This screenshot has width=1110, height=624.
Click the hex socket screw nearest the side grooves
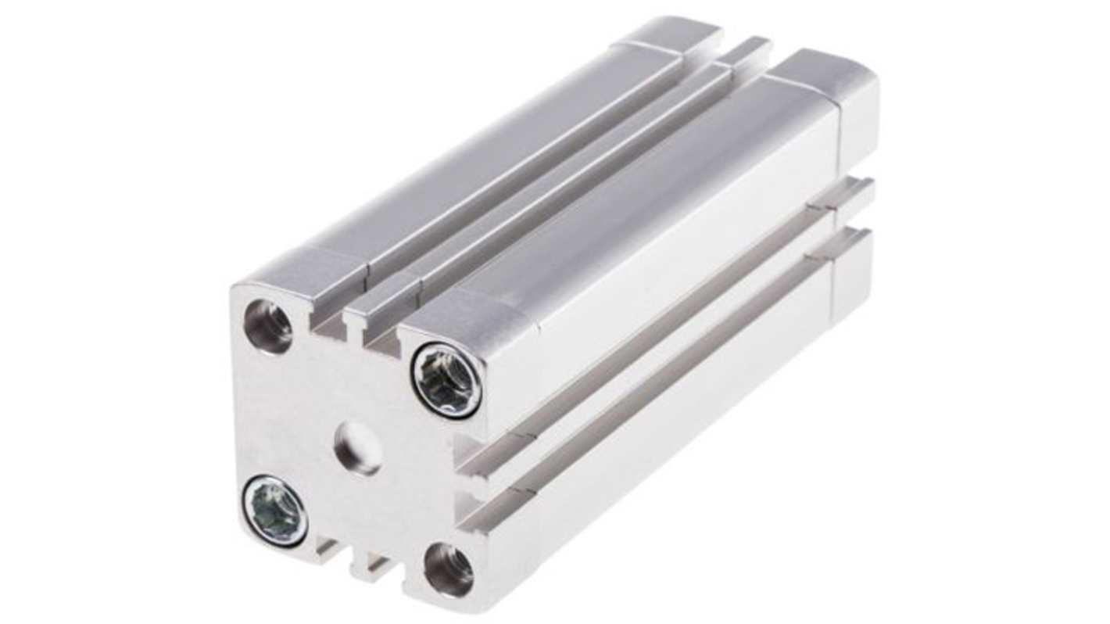(446, 380)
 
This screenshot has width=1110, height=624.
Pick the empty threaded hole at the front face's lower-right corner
(449, 570)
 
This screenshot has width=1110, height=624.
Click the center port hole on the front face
(358, 448)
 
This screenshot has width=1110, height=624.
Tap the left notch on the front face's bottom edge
(329, 550)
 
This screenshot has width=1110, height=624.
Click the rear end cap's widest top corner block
(829, 74)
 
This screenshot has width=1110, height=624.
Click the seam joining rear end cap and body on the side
(840, 141)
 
